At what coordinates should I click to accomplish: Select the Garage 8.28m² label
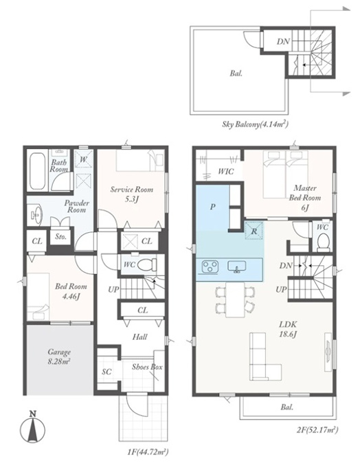click(59, 356)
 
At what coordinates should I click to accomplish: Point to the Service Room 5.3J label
click(131, 194)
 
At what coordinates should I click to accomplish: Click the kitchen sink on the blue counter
click(236, 266)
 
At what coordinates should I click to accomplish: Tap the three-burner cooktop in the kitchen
click(210, 266)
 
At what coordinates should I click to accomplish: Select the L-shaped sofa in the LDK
click(264, 356)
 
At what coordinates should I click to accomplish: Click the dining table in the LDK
click(235, 299)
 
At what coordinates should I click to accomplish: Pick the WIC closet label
click(225, 172)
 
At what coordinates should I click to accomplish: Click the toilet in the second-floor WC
click(323, 242)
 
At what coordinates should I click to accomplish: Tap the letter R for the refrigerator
click(254, 231)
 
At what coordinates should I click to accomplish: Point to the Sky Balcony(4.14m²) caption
click(255, 124)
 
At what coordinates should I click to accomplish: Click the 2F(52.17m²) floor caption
click(317, 429)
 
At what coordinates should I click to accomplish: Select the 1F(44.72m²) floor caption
click(148, 452)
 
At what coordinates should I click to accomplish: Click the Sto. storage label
click(60, 237)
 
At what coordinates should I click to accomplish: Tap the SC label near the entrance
click(106, 372)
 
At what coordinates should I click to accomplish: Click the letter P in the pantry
click(212, 207)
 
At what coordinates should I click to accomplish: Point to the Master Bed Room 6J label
click(305, 198)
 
